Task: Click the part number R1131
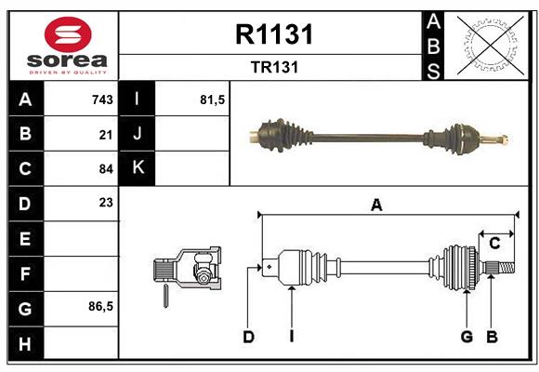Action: tap(274, 34)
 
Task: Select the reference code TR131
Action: tap(274, 68)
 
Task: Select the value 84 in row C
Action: tap(106, 169)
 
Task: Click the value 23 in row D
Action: tap(106, 202)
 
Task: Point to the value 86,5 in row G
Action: tap(100, 306)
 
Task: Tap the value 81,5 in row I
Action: tap(213, 100)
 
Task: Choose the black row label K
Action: tap(138, 168)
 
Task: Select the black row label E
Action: tap(25, 238)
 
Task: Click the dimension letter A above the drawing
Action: tap(376, 206)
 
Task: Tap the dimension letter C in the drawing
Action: tap(494, 244)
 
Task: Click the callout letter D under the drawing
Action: tap(248, 337)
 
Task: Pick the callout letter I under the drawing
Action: tap(291, 337)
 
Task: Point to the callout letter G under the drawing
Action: tap(467, 337)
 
